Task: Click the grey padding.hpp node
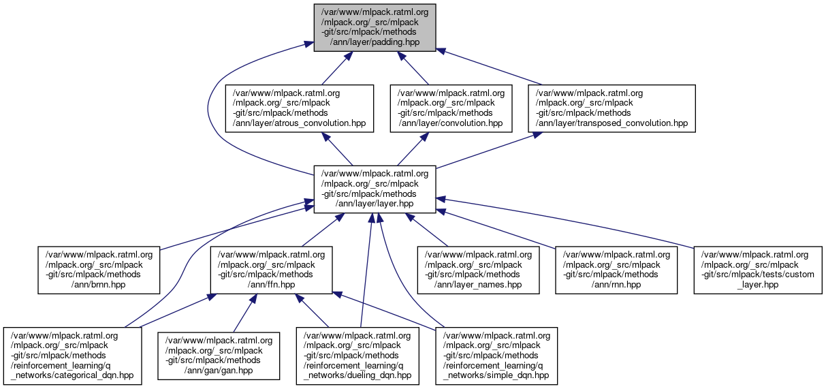[374, 27]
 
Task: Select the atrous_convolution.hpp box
[300, 108]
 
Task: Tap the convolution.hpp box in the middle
[451, 108]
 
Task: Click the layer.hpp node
[374, 189]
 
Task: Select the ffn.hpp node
[272, 270]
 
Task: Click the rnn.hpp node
[616, 270]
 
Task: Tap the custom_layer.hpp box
[758, 270]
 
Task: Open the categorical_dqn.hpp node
[73, 356]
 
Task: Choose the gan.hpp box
[219, 356]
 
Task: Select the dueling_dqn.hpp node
[358, 356]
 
